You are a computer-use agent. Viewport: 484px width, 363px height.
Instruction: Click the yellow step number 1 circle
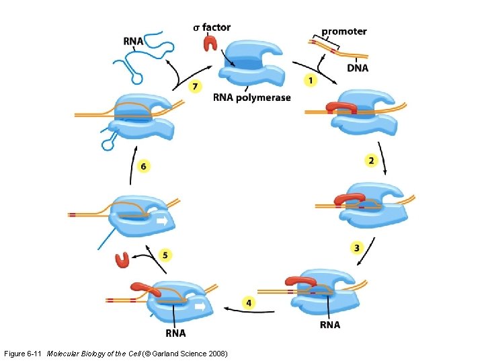pyautogui.click(x=311, y=81)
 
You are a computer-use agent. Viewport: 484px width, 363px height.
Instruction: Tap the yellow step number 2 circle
pyautogui.click(x=370, y=160)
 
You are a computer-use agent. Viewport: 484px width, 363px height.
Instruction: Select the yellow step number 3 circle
pyautogui.click(x=357, y=248)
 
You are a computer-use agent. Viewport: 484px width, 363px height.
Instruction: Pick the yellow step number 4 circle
pyautogui.click(x=249, y=302)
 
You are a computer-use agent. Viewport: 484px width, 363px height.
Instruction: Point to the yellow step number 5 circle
pyautogui.click(x=165, y=255)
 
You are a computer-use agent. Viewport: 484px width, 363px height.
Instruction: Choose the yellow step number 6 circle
pyautogui.click(x=143, y=165)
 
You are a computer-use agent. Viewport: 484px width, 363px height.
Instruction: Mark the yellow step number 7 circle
pyautogui.click(x=195, y=86)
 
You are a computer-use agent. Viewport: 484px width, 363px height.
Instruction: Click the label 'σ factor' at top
pyautogui.click(x=212, y=28)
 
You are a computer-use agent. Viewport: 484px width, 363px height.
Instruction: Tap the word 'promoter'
pyautogui.click(x=344, y=31)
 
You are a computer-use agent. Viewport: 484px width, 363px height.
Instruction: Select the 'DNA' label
pyautogui.click(x=358, y=67)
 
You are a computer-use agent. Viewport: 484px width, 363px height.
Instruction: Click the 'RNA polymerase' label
pyautogui.click(x=252, y=97)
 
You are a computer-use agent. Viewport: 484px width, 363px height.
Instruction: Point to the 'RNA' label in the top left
pyautogui.click(x=133, y=40)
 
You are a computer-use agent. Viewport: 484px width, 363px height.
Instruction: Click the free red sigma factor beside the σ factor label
pyautogui.click(x=210, y=44)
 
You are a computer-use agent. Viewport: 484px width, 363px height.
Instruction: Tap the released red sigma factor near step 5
pyautogui.click(x=122, y=259)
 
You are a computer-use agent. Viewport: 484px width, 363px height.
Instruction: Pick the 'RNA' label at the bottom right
pyautogui.click(x=330, y=325)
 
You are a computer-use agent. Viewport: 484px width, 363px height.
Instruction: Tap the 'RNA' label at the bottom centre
pyautogui.click(x=175, y=333)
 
